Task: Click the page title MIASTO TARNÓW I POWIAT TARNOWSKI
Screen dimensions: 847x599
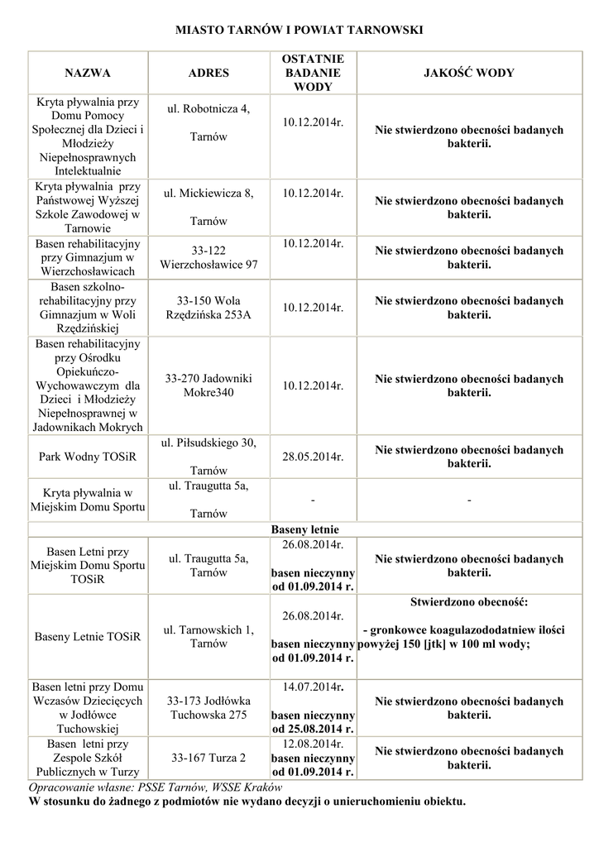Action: click(299, 30)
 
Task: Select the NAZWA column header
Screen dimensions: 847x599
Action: click(88, 73)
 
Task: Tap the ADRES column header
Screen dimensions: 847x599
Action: click(208, 73)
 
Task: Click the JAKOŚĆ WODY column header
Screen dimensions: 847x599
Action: click(469, 73)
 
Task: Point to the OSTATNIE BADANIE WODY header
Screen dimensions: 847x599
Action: click(313, 73)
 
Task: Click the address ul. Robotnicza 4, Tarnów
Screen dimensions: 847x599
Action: click(208, 122)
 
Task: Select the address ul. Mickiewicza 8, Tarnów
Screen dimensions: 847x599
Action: click(208, 207)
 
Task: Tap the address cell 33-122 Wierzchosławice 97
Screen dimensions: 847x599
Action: click(208, 257)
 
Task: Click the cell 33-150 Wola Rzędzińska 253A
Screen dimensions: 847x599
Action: click(208, 308)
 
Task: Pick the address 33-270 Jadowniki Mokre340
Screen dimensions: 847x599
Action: click(208, 385)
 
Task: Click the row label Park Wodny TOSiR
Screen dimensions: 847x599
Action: click(88, 456)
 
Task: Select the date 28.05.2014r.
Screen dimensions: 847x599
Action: click(313, 456)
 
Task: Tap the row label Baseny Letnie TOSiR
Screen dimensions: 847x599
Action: click(88, 637)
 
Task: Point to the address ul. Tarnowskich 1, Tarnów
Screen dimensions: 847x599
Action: click(208, 636)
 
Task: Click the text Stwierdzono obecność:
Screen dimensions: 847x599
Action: click(469, 601)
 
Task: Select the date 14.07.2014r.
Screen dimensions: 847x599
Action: click(313, 687)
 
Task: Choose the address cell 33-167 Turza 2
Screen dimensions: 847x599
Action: click(208, 757)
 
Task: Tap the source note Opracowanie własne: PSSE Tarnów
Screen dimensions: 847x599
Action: click(156, 787)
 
